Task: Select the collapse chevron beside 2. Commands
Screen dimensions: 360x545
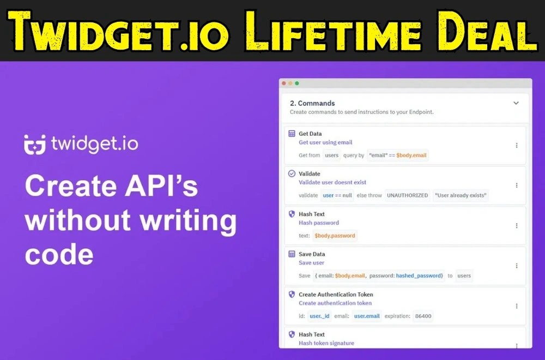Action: (516, 103)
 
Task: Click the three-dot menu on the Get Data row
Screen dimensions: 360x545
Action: (517, 146)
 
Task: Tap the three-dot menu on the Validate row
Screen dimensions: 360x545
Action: (517, 185)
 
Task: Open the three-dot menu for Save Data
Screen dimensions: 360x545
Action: (517, 266)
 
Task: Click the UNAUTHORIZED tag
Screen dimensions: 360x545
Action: (407, 195)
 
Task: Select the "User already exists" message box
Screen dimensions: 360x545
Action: (461, 195)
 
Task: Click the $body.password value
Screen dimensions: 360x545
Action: (335, 236)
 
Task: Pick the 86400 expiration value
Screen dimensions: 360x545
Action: (423, 316)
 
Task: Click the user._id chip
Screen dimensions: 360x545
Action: (319, 316)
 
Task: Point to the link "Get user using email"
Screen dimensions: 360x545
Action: (325, 142)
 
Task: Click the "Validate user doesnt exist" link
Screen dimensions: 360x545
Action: (332, 182)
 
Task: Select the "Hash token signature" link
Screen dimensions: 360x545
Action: (326, 343)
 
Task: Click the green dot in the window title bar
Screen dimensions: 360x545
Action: (297, 83)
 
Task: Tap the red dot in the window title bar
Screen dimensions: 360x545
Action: (284, 83)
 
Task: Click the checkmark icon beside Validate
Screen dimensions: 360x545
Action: (292, 173)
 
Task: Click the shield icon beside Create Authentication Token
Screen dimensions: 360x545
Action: (292, 294)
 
